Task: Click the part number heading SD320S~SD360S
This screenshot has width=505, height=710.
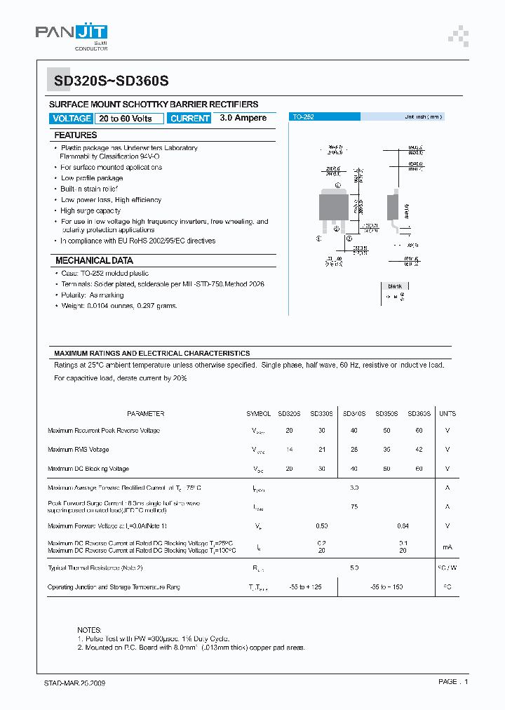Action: pos(112,80)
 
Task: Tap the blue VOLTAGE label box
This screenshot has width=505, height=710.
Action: pos(72,119)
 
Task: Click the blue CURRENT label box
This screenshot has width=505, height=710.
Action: pos(189,119)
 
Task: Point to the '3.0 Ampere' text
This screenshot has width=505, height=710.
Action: pos(243,118)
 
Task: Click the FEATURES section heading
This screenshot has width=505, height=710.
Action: pos(76,135)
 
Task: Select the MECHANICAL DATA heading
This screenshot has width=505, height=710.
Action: pos(94,260)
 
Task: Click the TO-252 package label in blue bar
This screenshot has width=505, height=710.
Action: pos(303,117)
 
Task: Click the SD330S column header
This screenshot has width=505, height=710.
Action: pos(322,414)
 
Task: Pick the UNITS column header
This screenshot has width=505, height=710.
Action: pos(447,414)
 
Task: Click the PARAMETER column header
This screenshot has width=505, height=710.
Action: pos(146,414)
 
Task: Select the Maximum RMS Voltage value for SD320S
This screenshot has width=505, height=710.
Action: pos(289,450)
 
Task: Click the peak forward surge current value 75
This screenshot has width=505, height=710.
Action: pos(354,507)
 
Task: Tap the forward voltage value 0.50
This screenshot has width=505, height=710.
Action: pos(322,525)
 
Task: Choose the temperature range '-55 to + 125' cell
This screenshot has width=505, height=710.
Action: pos(305,587)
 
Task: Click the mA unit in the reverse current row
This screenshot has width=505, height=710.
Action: pos(447,547)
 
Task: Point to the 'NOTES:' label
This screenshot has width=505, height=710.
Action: pos(90,630)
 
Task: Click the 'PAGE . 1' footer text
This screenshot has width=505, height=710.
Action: pos(452,682)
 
